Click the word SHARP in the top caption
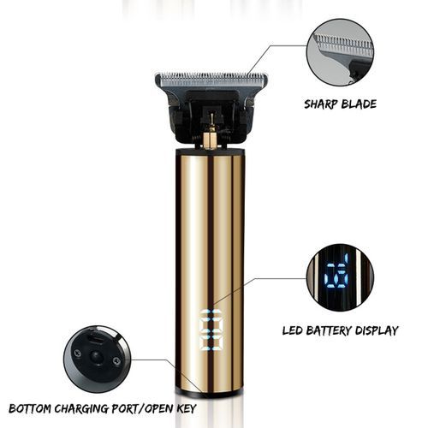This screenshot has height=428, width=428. click(x=320, y=104)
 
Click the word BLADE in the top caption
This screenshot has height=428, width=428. click(x=359, y=104)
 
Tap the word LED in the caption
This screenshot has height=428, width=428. click(x=292, y=330)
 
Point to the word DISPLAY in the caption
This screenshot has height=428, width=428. click(x=377, y=330)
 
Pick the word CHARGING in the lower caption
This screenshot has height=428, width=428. click(x=81, y=408)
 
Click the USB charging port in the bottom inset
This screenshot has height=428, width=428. click(x=95, y=339)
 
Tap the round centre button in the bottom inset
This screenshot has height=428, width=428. click(x=96, y=357)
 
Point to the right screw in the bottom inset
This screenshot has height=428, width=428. click(x=116, y=361)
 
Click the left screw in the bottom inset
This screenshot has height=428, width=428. click(x=77, y=354)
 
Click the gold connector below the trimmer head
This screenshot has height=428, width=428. click(x=211, y=140)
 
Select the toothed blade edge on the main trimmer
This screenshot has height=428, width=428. click(x=211, y=76)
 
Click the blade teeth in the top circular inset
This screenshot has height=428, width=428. click(x=343, y=42)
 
